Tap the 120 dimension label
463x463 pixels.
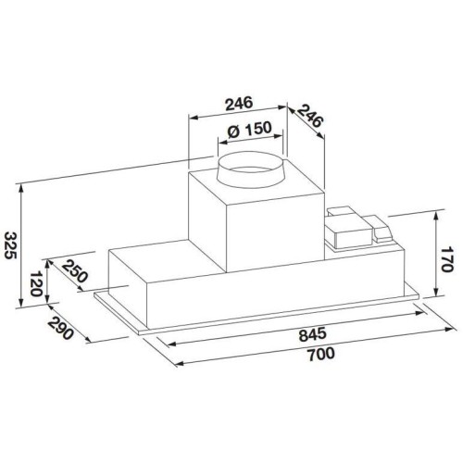tap(37, 283)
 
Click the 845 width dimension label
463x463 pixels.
tap(312, 334)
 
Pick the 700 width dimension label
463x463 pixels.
tap(321, 354)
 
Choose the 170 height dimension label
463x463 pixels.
tap(446, 258)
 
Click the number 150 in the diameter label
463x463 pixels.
tap(258, 129)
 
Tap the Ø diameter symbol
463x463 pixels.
tap(233, 131)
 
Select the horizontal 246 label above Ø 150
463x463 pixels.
tap(239, 104)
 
